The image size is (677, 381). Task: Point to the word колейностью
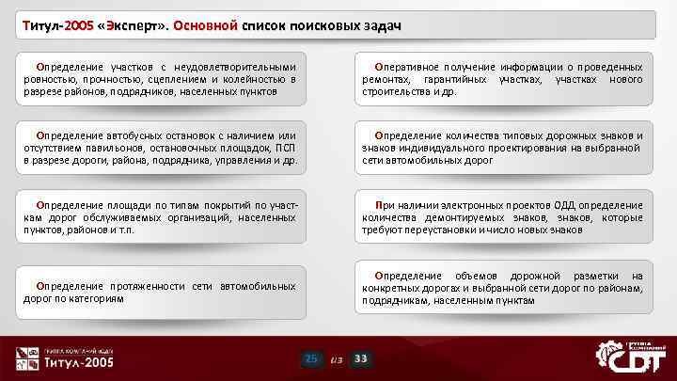[251, 80]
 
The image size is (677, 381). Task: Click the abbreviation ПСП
[286, 148]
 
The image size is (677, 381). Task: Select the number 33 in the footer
[361, 358]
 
